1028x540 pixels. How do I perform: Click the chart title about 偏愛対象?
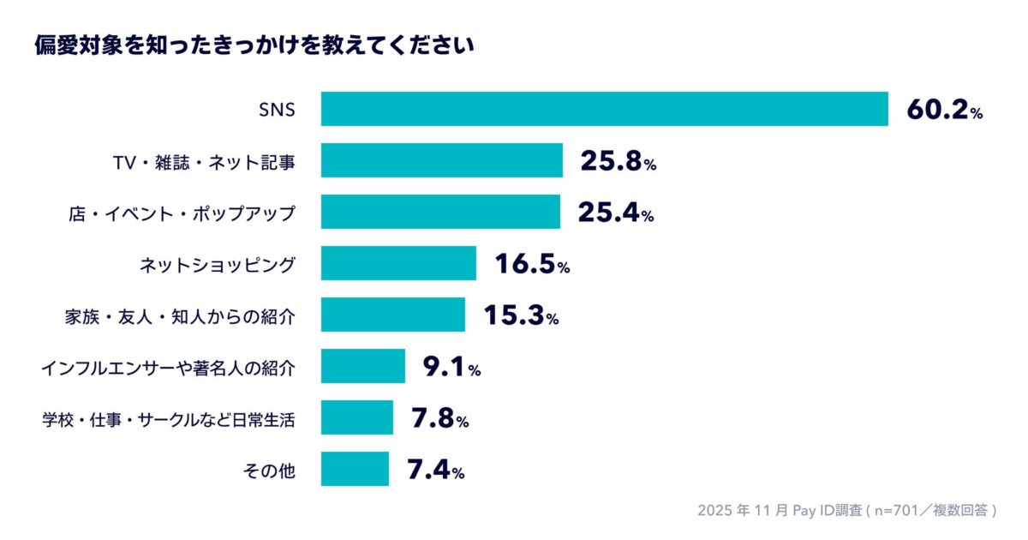coord(254,44)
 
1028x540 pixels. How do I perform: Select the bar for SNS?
coord(604,109)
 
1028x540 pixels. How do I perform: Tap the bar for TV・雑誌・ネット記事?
coord(441,160)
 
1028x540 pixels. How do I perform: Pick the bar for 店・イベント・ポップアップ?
coord(440,212)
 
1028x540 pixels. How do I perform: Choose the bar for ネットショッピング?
coord(398,263)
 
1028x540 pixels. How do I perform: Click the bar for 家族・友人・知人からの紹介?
coord(393,315)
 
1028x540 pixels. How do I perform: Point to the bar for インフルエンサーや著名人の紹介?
coord(362,366)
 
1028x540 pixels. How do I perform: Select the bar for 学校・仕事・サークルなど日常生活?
coord(357,417)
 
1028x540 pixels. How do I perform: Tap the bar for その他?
coord(355,469)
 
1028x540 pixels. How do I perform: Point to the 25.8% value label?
coord(618,161)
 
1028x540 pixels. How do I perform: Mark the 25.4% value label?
coord(615,213)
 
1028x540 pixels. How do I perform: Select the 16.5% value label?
coord(531,264)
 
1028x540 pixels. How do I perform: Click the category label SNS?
coord(277,110)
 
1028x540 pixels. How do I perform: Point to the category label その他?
coord(271,470)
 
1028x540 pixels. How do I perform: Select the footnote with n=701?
coord(847,510)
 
